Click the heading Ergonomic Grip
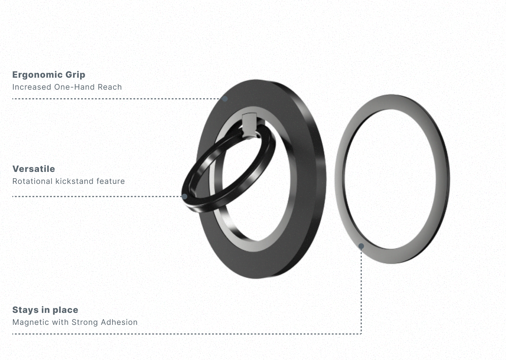tap(48, 75)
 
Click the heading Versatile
tap(34, 169)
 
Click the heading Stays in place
tap(45, 310)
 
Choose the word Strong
tap(85, 322)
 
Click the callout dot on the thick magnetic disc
tap(225, 99)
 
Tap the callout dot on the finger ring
tap(184, 196)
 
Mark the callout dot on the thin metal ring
tap(361, 246)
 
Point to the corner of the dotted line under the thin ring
tap(361, 333)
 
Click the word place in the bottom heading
tap(65, 310)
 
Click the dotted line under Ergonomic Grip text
tap(105, 99)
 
